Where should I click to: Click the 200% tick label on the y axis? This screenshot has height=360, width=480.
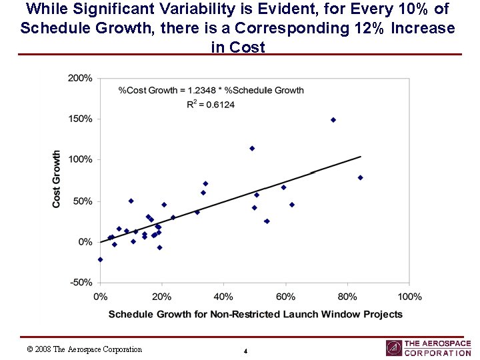pos(81,78)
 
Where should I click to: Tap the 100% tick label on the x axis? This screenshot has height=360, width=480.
pos(409,296)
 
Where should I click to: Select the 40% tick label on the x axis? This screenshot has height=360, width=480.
pos(223,296)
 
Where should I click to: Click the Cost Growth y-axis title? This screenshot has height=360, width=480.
pos(57,179)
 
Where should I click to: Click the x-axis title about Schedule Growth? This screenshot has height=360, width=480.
pos(255,314)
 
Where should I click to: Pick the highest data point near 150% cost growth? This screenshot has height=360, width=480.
pos(333,120)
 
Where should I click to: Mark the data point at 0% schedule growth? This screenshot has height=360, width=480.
pos(100,259)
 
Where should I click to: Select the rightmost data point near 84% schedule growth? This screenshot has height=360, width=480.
pos(360,177)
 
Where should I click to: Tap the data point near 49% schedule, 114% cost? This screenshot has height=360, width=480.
pos(252,148)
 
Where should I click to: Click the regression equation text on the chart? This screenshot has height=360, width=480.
pos(211,90)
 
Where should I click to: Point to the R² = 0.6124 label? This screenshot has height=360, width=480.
pos(211,104)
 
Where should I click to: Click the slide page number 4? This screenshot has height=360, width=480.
pos(245,351)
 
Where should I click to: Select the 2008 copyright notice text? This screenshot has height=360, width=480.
pos(84,349)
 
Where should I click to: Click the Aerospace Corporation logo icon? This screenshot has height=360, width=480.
pos(394,348)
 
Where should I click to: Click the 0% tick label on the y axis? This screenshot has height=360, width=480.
pos(85,242)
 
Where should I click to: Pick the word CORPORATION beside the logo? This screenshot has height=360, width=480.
pos(437,353)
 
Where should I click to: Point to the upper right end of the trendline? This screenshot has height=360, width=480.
pos(361,157)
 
